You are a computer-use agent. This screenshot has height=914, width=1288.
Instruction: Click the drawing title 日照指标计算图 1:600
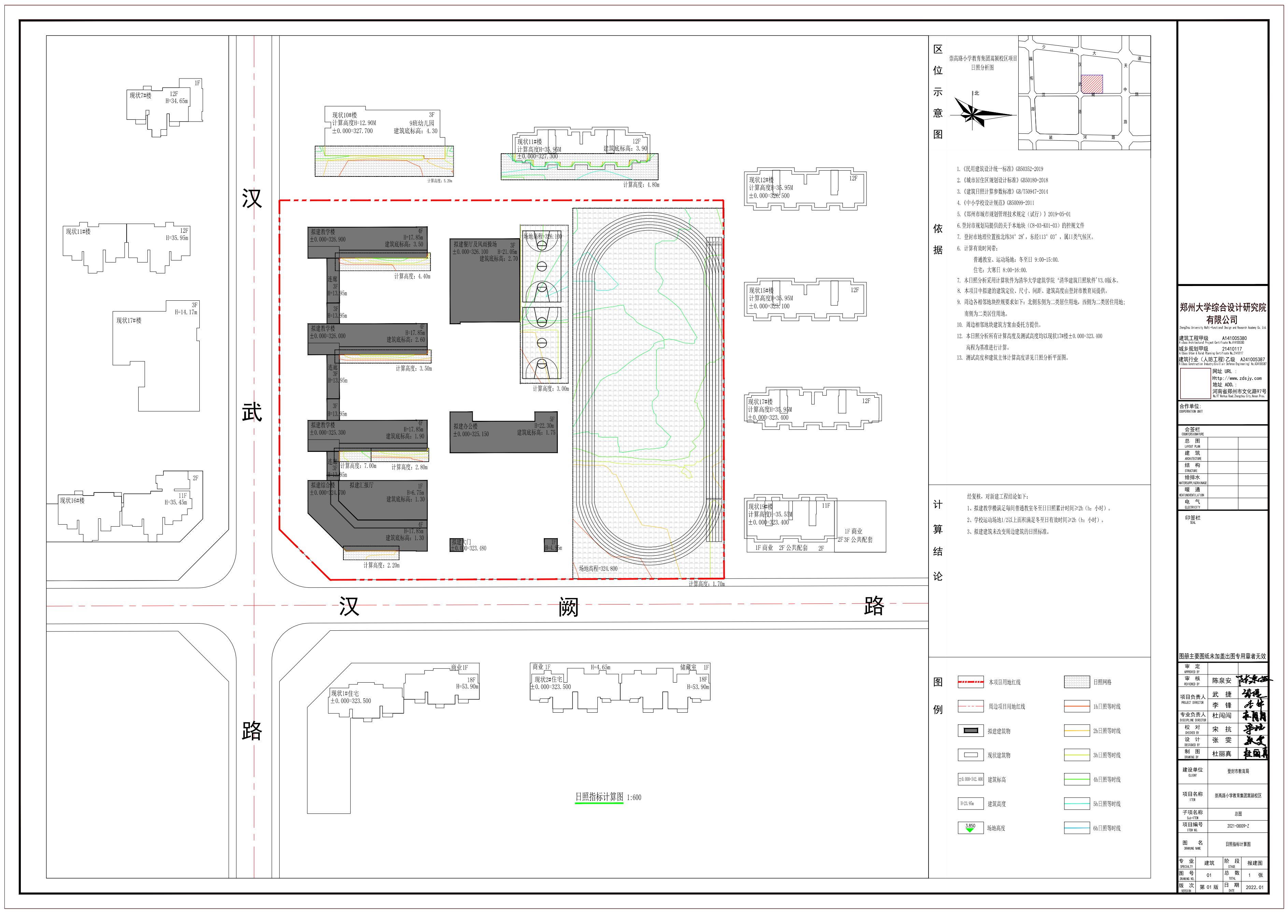click(x=607, y=797)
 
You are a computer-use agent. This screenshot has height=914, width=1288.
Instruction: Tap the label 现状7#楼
click(x=141, y=96)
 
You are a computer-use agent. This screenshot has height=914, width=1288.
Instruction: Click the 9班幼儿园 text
click(x=422, y=123)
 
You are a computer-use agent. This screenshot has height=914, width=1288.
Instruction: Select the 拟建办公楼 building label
click(x=466, y=427)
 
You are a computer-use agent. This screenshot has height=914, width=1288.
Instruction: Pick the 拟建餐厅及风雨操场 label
click(x=475, y=244)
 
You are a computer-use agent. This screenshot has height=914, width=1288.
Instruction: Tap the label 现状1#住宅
click(x=344, y=694)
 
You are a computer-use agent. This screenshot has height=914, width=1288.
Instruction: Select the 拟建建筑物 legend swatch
click(x=971, y=730)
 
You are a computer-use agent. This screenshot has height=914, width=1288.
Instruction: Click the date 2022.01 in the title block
click(x=1254, y=887)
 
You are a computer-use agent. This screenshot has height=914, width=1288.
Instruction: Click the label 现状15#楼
click(x=761, y=290)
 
